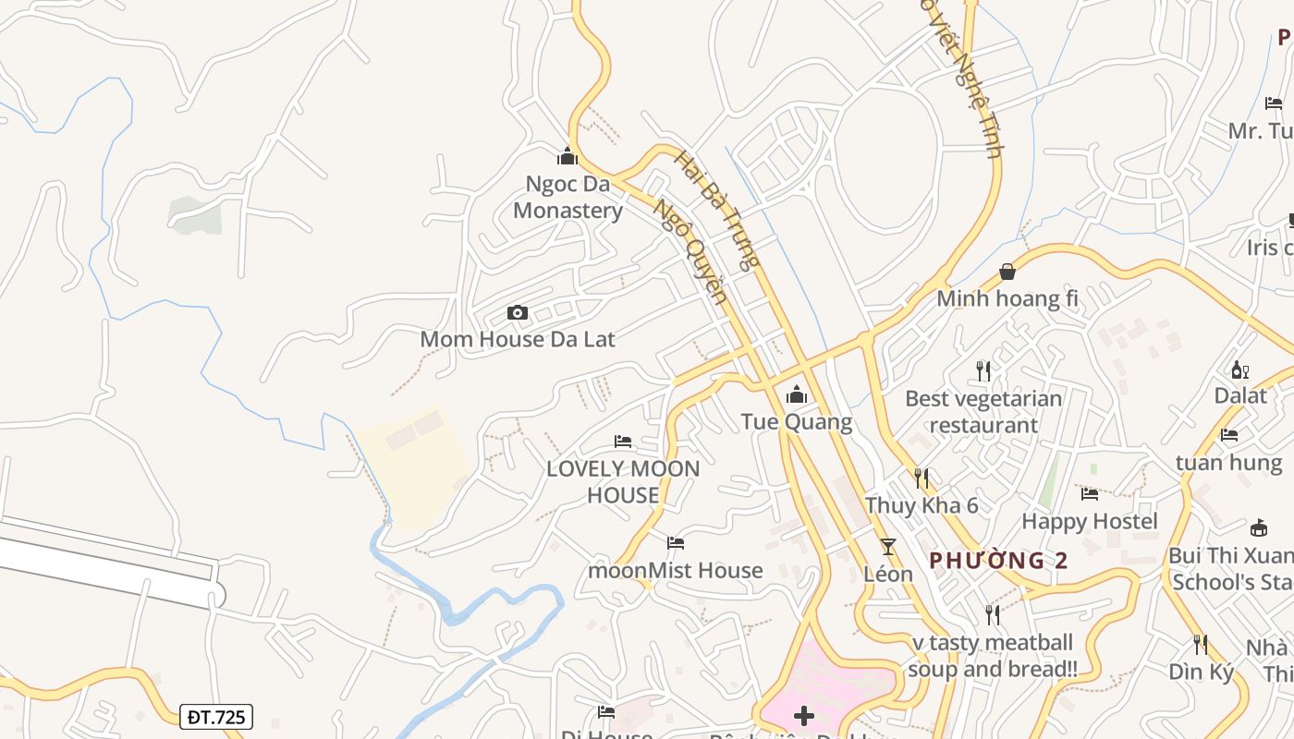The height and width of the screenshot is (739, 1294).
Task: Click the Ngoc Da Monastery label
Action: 568,197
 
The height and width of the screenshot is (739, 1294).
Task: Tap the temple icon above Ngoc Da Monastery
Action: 568,157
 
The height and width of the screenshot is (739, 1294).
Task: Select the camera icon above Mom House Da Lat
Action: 518,313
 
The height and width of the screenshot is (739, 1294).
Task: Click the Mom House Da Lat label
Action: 518,339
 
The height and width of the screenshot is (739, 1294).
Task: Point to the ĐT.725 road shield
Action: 216,717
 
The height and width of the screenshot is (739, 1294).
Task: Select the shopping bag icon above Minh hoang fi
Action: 1007,273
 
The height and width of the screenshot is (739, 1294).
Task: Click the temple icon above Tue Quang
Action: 796,396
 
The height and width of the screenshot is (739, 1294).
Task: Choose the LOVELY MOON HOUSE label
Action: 623,481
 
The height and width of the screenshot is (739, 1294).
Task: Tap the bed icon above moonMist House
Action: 676,543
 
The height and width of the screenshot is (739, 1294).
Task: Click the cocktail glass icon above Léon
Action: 888,546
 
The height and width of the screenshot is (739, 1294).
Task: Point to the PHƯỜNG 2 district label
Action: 999,561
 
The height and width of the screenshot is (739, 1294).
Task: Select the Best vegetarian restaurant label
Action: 983,412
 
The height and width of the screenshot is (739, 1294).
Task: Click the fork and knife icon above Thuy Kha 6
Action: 922,478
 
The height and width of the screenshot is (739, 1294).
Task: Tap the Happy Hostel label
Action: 1089,521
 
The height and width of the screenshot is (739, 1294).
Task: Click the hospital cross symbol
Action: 804,716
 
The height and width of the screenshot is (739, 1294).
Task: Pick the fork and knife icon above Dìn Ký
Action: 1201,644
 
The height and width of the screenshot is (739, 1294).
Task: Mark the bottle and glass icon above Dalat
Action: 1239,369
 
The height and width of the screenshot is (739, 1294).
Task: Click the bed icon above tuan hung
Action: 1228,435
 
